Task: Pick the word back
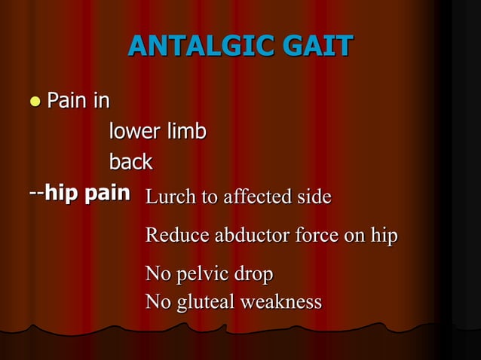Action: [x=130, y=162]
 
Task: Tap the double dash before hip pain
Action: [x=35, y=193]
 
